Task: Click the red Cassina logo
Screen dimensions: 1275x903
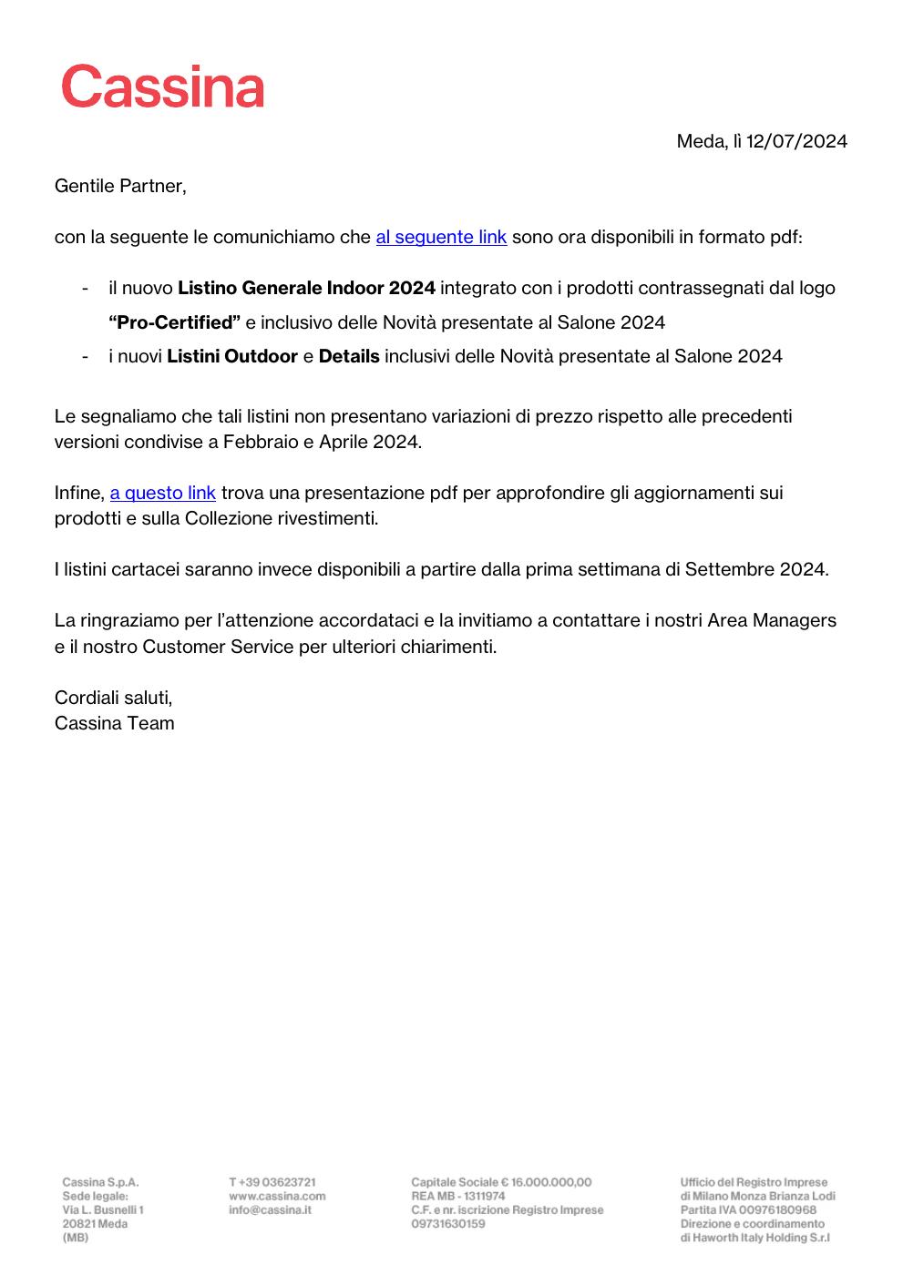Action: coord(163,87)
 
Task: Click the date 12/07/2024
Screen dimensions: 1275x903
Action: coord(796,141)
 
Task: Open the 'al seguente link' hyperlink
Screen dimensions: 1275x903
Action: coord(441,237)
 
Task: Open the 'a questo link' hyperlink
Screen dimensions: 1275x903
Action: coord(163,493)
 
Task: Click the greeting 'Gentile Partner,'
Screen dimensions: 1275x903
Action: coord(120,186)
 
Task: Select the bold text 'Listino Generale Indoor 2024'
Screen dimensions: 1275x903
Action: coord(306,288)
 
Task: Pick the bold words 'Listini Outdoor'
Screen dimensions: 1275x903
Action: coord(232,356)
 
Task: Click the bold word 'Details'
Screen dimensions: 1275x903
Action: coord(349,356)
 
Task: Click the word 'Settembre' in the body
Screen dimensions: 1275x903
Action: coord(730,569)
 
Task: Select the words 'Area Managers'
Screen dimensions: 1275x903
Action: coord(772,620)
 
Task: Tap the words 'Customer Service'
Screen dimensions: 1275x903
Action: coord(219,647)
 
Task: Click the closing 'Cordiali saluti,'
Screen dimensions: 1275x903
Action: coord(113,698)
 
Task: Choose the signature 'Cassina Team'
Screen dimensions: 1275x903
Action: coord(114,723)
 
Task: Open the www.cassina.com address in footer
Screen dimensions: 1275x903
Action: coord(277,1196)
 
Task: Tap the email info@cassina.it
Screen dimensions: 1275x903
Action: coord(270,1209)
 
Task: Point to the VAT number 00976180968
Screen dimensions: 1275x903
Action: coord(777,1209)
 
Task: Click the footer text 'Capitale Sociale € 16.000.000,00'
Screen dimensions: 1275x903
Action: coord(501,1182)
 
